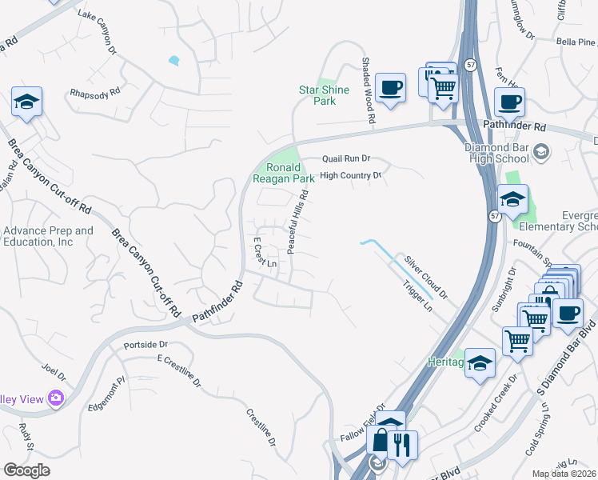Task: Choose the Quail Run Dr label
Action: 346,159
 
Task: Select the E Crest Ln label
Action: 265,252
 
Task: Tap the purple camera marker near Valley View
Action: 55,398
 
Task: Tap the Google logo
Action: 26,470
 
